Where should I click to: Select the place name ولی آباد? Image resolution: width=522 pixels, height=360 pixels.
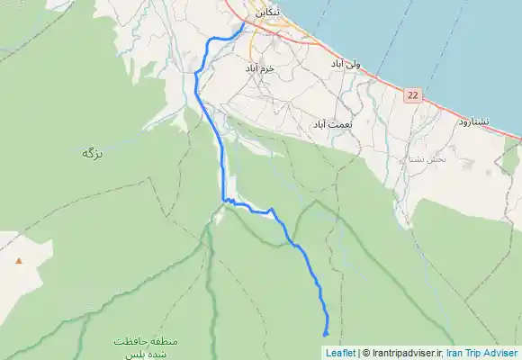click(x=345, y=65)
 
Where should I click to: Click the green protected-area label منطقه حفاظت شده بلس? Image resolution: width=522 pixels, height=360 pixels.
click(x=139, y=347)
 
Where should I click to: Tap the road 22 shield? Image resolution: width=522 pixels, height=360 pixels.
click(x=413, y=94)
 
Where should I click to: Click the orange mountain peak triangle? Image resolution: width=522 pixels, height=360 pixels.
click(x=18, y=260)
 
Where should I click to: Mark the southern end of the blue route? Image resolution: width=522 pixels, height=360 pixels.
click(x=325, y=335)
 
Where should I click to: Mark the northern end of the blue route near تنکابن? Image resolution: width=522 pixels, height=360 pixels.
click(x=244, y=25)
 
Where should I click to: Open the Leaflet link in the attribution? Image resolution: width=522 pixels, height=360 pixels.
click(x=340, y=353)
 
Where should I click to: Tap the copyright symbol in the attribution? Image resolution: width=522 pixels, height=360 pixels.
click(x=365, y=353)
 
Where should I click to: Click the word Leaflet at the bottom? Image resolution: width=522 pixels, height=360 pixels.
click(x=340, y=353)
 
